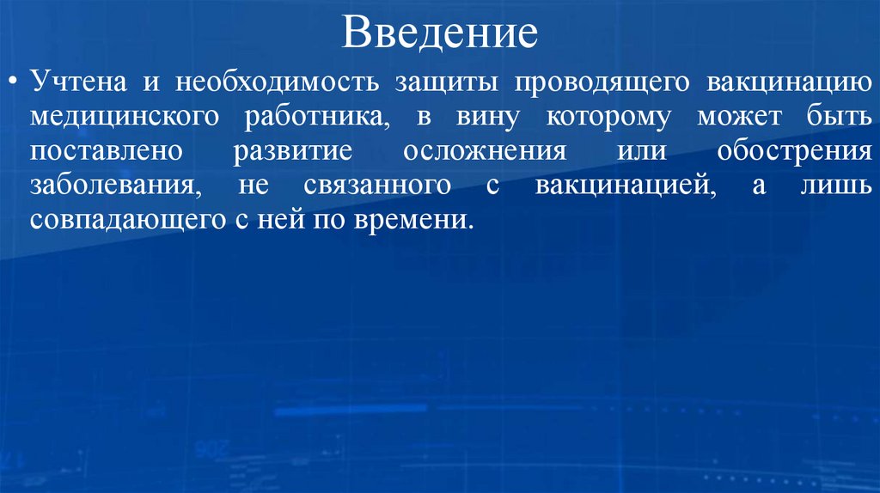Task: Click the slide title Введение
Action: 440,33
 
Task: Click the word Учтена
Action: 76,83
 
